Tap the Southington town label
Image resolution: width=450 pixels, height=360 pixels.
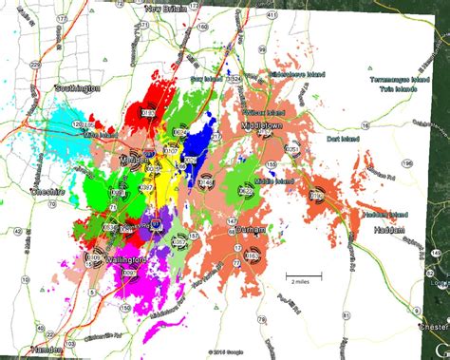tap(78, 88)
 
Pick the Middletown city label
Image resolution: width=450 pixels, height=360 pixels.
tap(269, 124)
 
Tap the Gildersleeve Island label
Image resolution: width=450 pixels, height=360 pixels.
tap(297, 73)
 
